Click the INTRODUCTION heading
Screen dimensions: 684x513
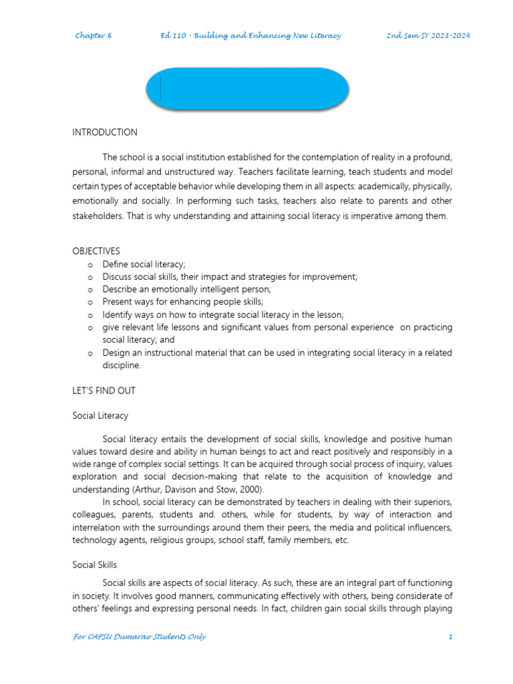tap(105, 132)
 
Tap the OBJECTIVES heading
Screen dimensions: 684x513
tap(96, 251)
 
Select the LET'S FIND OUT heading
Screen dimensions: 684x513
tap(104, 390)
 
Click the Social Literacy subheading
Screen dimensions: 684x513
tap(100, 415)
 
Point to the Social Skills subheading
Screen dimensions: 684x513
tap(95, 565)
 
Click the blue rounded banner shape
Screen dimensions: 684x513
tap(247, 88)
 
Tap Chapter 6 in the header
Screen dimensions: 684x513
tap(94, 35)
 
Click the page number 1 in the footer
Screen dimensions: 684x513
tap(451, 637)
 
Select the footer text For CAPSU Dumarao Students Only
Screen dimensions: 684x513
tap(140, 637)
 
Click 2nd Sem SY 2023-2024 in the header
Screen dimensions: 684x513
tap(428, 35)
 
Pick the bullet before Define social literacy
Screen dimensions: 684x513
tap(90, 265)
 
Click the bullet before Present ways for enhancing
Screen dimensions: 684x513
tap(90, 302)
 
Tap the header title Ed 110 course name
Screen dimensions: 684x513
tap(250, 35)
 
